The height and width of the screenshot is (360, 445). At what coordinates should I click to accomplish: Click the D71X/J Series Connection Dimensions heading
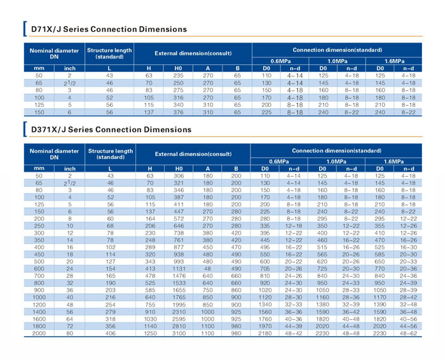click(109, 29)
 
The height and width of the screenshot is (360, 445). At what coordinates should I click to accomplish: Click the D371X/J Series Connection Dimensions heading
click(111, 130)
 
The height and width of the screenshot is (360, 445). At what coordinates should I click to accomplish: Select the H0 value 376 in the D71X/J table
click(178, 112)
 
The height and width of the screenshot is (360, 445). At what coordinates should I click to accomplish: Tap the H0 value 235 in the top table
click(178, 76)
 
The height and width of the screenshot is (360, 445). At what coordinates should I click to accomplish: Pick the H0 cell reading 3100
click(179, 333)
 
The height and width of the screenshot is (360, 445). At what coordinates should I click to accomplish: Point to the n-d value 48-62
click(408, 333)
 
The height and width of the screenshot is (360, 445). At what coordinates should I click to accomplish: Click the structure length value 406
click(111, 333)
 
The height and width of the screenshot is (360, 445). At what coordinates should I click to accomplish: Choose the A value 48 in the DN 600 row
click(207, 268)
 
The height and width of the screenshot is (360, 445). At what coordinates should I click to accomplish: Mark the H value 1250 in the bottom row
click(150, 333)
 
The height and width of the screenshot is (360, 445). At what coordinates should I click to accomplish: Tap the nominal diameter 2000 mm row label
click(39, 333)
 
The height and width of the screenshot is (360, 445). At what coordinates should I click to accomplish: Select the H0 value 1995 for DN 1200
click(179, 305)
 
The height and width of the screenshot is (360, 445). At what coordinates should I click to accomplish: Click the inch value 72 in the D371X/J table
click(70, 326)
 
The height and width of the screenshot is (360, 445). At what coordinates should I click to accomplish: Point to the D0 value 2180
click(265, 333)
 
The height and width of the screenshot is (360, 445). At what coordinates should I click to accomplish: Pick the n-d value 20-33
click(408, 261)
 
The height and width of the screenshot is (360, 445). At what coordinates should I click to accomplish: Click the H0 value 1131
click(179, 268)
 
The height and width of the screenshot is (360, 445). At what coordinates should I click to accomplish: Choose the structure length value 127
click(111, 261)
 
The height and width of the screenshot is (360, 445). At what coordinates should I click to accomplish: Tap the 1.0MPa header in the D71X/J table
click(337, 61)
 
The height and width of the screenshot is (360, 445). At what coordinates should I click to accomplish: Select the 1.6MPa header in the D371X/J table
click(394, 162)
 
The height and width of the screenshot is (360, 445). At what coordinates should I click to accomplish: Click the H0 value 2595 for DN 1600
click(179, 319)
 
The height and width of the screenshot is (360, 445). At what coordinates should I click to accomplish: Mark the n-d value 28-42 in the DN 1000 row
click(408, 297)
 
